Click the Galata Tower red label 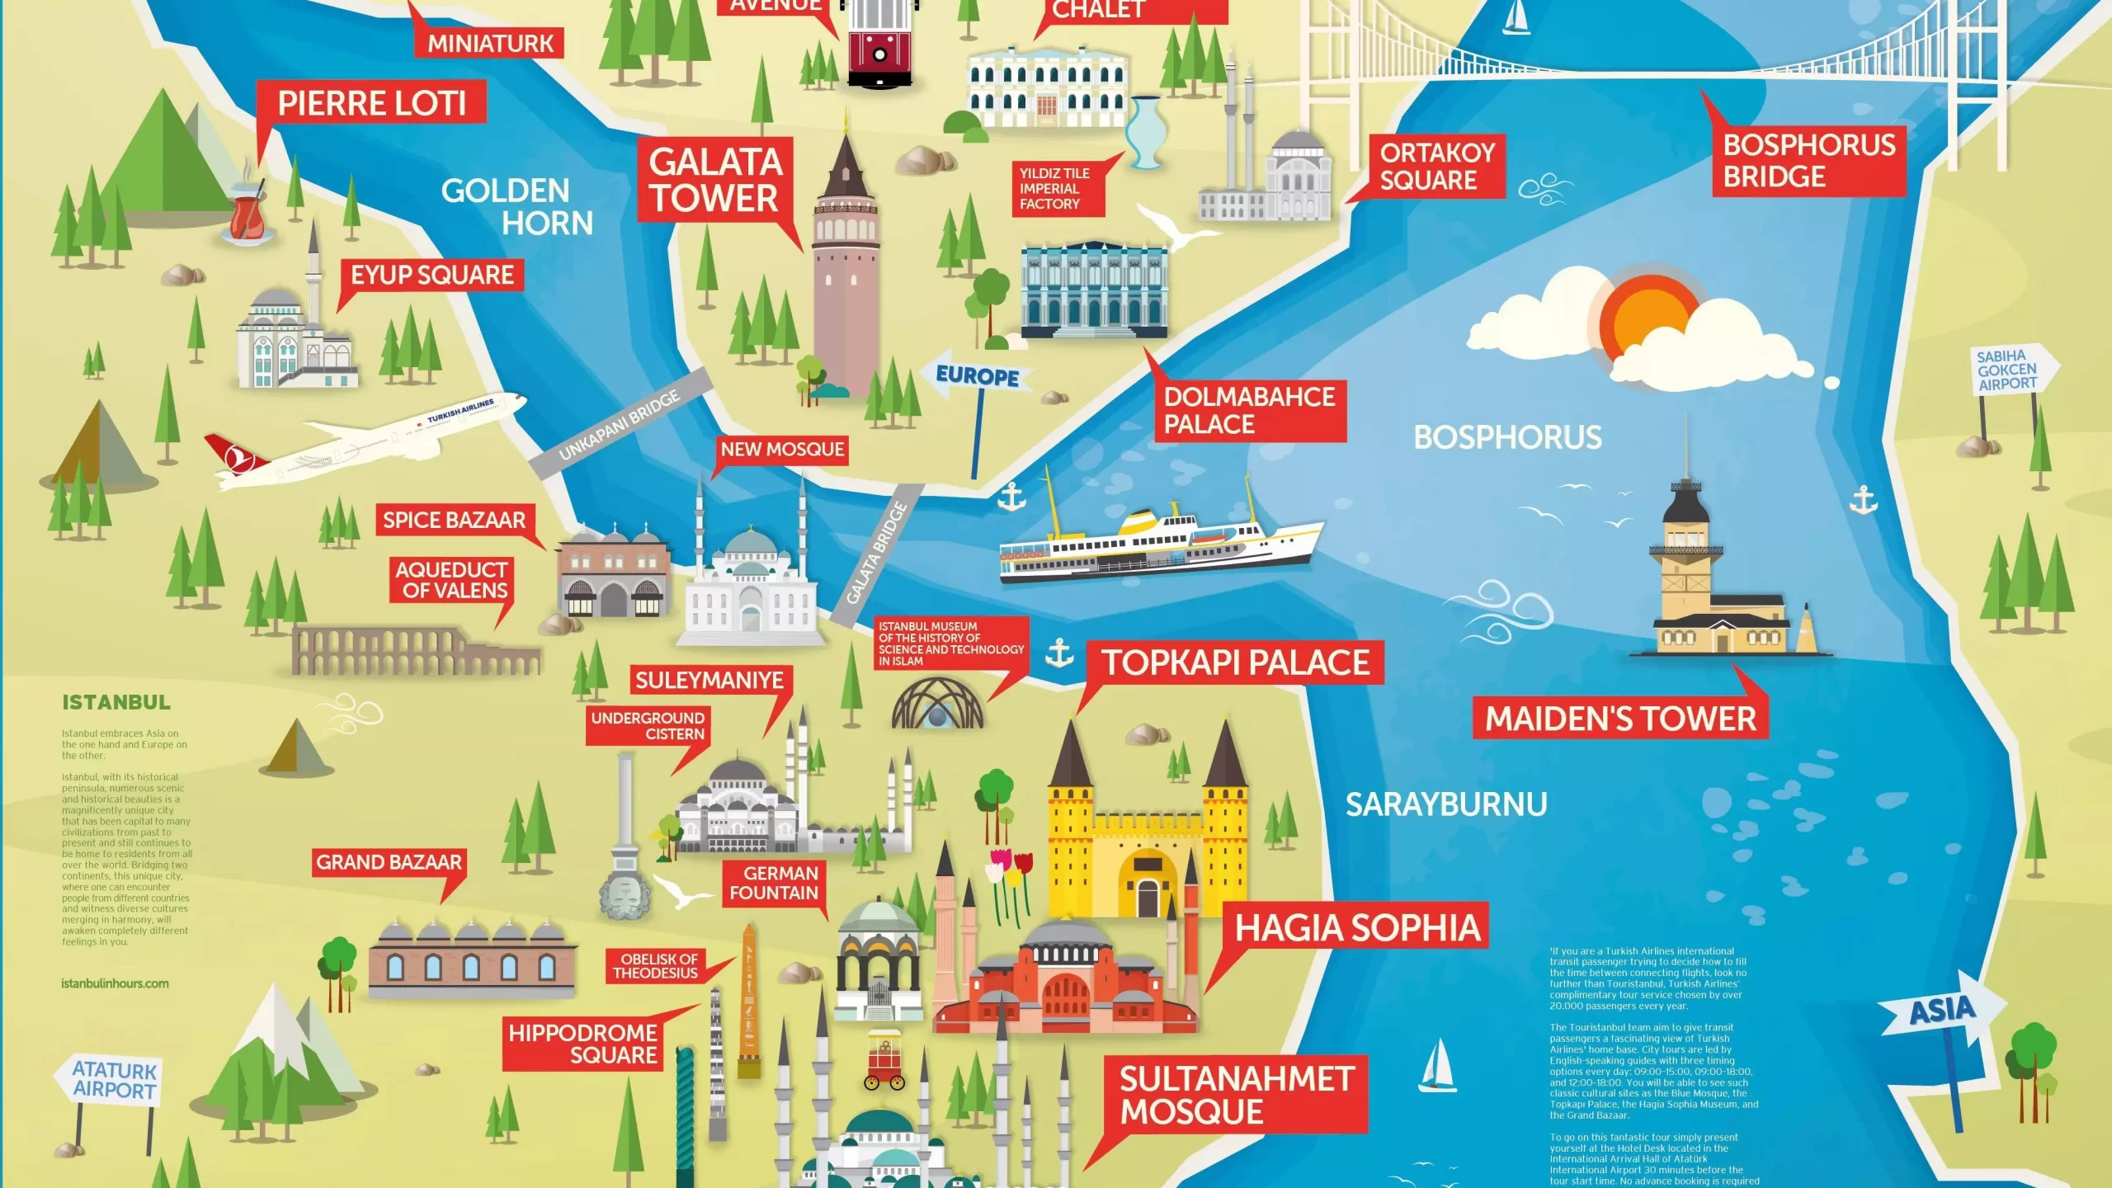pyautogui.click(x=714, y=180)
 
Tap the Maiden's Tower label pyautogui.click(x=1620, y=719)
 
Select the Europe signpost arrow pyautogui.click(x=976, y=377)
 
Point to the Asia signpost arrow pyautogui.click(x=1940, y=1011)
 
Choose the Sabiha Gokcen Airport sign pyautogui.click(x=2008, y=370)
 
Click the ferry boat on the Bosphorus pyautogui.click(x=1155, y=540)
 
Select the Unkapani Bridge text pyautogui.click(x=619, y=424)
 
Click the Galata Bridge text pyautogui.click(x=876, y=553)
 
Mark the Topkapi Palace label pyautogui.click(x=1235, y=662)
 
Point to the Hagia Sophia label pyautogui.click(x=1357, y=927)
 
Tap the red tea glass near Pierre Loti pyautogui.click(x=246, y=216)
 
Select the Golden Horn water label pyautogui.click(x=518, y=206)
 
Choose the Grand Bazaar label pyautogui.click(x=389, y=862)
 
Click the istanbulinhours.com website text pyautogui.click(x=115, y=983)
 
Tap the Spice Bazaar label pyautogui.click(x=454, y=520)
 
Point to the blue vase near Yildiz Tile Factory pyautogui.click(x=1145, y=132)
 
